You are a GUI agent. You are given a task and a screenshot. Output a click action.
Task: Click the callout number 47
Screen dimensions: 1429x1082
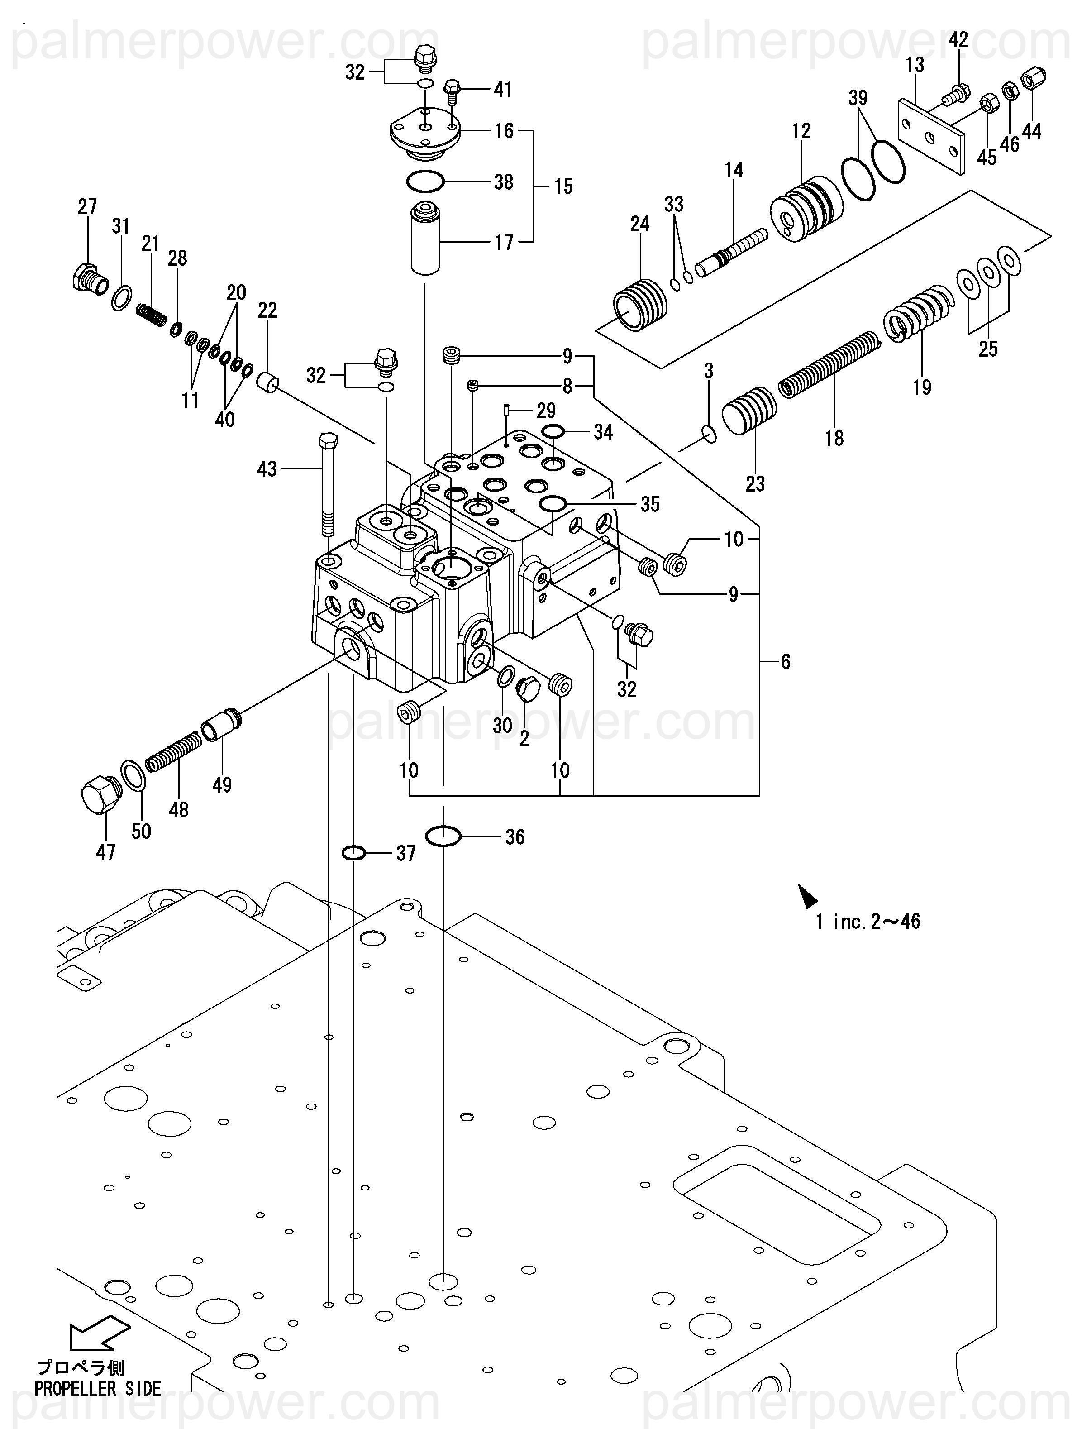tap(106, 852)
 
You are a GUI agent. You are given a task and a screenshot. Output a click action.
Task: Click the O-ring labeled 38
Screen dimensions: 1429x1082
tap(425, 182)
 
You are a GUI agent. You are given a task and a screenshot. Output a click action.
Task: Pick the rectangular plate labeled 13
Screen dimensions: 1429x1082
tap(931, 136)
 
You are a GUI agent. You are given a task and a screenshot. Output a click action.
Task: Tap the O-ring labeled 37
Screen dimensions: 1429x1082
tap(353, 853)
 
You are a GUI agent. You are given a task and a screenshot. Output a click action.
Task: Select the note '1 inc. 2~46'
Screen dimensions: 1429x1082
tap(868, 921)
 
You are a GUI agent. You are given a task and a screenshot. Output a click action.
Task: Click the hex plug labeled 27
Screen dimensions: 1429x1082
tap(89, 280)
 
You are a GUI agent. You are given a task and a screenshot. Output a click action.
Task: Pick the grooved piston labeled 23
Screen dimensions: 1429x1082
tap(748, 413)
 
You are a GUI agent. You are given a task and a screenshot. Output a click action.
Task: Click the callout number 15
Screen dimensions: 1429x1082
tap(563, 186)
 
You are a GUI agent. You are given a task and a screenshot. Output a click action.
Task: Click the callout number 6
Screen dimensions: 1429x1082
tap(786, 661)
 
